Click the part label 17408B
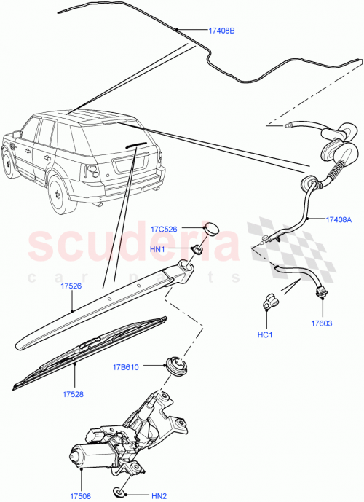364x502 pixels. (x=223, y=31)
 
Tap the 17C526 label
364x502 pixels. (x=165, y=230)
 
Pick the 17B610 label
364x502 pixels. (x=126, y=366)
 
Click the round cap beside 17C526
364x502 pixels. (x=210, y=229)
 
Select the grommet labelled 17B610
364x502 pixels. (x=174, y=365)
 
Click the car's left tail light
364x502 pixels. (x=92, y=172)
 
